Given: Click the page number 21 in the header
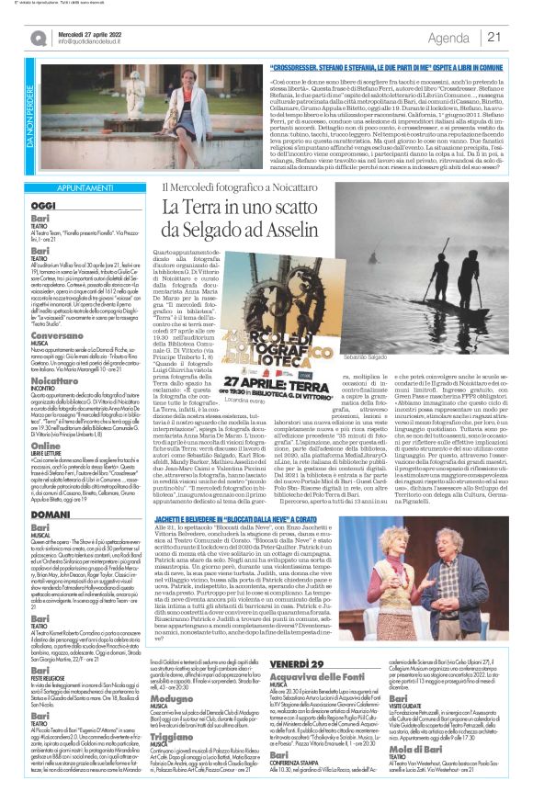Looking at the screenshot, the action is (493, 37).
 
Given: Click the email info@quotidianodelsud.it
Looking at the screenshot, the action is (90, 42).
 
